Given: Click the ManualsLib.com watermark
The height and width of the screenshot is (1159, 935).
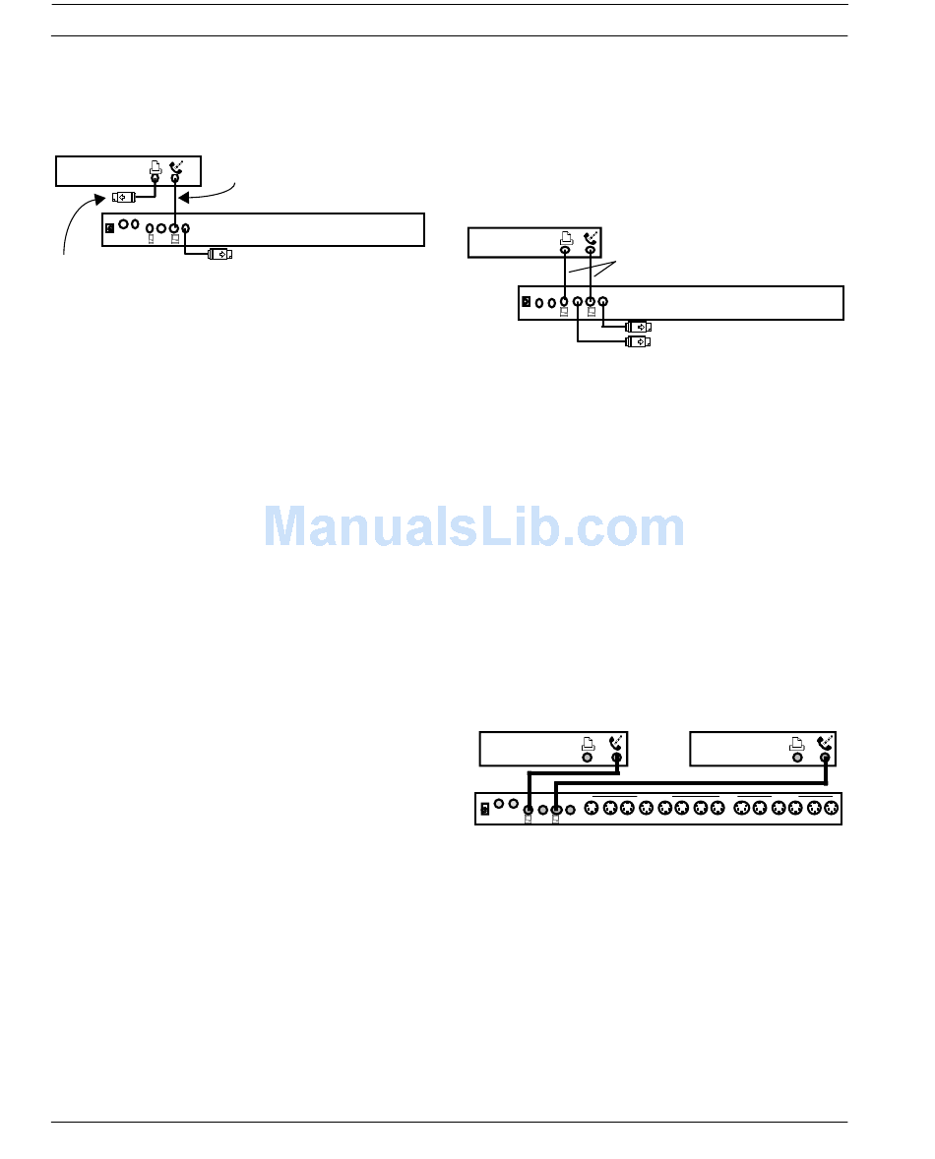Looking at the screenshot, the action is pyautogui.click(x=474, y=527).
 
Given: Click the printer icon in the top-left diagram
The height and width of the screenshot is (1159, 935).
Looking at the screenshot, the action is pyautogui.click(x=156, y=168).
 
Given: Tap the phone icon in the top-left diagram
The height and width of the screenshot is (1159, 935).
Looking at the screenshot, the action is pyautogui.click(x=176, y=167).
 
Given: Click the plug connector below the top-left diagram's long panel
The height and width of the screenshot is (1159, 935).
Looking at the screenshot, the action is pyautogui.click(x=220, y=254).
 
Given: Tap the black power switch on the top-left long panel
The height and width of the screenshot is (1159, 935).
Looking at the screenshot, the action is pyautogui.click(x=110, y=229).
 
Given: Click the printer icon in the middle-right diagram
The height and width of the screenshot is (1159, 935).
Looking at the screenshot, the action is pyautogui.click(x=566, y=239).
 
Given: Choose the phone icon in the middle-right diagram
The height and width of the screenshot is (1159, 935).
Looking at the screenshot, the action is pyautogui.click(x=591, y=238).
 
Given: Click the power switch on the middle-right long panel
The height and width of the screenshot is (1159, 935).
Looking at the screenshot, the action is pyautogui.click(x=527, y=301).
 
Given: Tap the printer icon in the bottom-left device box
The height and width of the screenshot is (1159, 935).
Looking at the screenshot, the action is pyautogui.click(x=588, y=744).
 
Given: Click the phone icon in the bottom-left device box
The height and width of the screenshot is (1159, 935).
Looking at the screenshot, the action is pyautogui.click(x=617, y=744).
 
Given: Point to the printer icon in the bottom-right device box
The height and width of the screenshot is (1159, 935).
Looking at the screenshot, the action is pyautogui.click(x=797, y=744).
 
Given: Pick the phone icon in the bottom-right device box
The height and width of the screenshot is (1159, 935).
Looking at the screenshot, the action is pyautogui.click(x=825, y=744).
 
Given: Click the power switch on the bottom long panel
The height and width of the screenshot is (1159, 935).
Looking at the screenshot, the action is pyautogui.click(x=484, y=810).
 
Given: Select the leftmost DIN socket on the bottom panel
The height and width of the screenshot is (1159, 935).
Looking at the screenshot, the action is pyautogui.click(x=592, y=809).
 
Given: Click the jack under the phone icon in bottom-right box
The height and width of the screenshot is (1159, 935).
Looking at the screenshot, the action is pyautogui.click(x=825, y=759).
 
